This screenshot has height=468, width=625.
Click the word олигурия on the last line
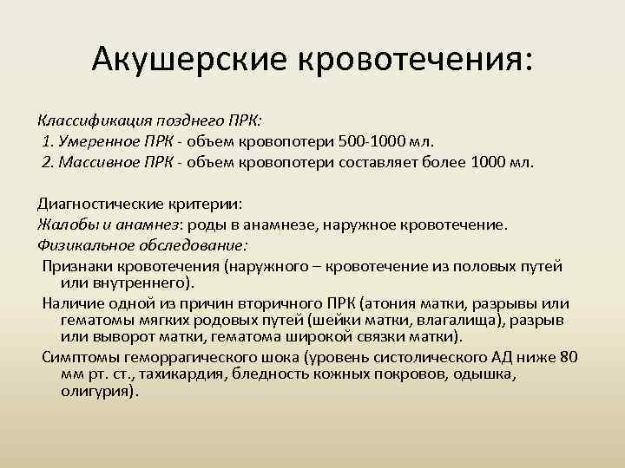(99, 391)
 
